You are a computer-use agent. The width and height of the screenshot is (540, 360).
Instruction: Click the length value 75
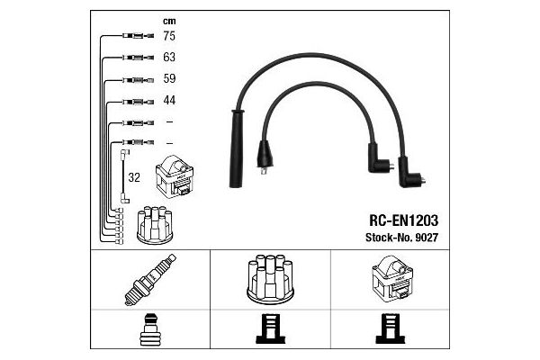tap(169, 36)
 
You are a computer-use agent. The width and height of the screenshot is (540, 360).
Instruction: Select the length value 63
tap(169, 57)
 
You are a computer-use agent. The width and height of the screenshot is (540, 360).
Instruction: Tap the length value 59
tap(169, 78)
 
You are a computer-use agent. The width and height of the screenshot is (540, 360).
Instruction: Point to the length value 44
tap(169, 100)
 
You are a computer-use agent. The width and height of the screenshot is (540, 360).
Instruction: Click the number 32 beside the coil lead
tap(134, 177)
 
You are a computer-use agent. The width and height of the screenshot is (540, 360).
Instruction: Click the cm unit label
tap(169, 22)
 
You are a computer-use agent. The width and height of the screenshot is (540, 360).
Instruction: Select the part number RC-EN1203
tap(403, 220)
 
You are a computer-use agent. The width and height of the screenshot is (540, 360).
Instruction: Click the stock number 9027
tap(427, 238)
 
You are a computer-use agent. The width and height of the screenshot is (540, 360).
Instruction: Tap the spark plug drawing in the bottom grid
tap(150, 280)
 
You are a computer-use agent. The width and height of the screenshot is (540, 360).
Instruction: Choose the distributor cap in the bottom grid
tap(270, 279)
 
